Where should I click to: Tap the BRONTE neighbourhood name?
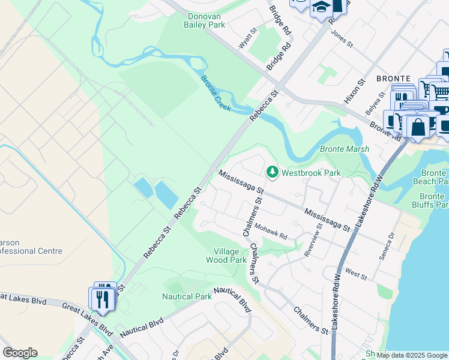click(393, 79)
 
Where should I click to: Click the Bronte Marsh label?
click(344, 149)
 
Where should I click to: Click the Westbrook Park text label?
click(311, 173)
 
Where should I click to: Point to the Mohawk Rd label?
click(270, 232)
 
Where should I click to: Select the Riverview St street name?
click(314, 239)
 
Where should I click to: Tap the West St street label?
click(356, 274)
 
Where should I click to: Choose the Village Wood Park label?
click(226, 256)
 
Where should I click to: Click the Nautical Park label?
click(187, 296)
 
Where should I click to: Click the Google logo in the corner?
click(20, 353)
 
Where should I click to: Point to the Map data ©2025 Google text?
click(412, 355)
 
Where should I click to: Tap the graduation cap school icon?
click(321, 7)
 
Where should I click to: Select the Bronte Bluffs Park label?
click(433, 200)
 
